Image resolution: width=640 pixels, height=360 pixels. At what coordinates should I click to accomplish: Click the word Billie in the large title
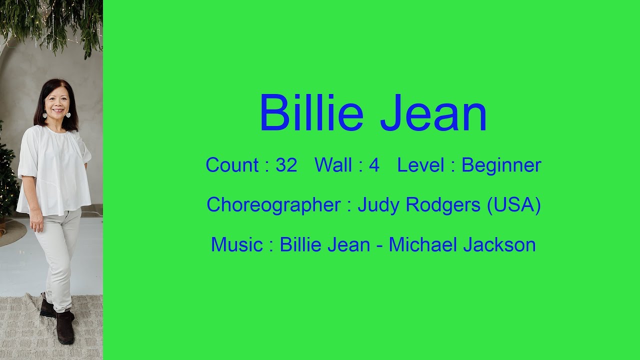coord(310,113)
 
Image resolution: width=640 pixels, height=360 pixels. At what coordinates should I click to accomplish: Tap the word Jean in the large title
coord(433,113)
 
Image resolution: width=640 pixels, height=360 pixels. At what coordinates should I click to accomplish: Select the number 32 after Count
coord(286,165)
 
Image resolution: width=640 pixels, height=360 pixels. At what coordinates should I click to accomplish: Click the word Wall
coord(333,165)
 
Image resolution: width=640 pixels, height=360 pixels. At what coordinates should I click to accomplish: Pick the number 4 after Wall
coord(374,165)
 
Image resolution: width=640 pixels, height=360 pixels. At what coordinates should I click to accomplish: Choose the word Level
coord(420,165)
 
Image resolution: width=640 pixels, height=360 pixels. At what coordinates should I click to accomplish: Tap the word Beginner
coord(501,165)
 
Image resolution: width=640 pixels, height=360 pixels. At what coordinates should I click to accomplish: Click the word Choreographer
coord(273,205)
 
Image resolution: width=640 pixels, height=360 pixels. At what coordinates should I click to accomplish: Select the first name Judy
coord(378,205)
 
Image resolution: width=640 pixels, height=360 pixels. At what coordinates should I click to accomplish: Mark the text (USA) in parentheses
coord(514,205)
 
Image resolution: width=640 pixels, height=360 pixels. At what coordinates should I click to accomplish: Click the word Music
coord(236,245)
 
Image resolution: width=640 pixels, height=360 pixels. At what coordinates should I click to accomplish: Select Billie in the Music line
coord(301,245)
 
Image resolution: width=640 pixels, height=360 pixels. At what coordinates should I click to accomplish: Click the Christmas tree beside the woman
coord(7,175)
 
